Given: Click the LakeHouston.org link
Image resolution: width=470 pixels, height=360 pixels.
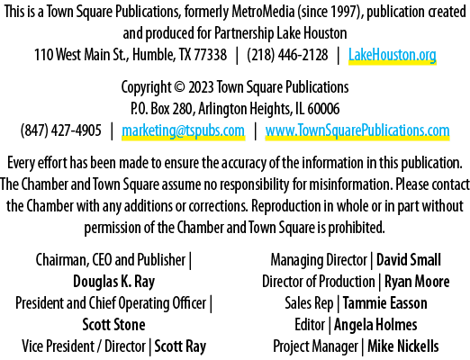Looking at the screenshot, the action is click(x=392, y=55).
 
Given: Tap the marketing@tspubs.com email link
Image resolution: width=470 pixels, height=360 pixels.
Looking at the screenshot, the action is click(x=183, y=130).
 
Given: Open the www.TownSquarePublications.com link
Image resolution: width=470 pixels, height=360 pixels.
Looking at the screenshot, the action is click(x=357, y=130).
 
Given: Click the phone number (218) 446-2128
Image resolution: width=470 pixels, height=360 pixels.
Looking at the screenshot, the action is click(x=287, y=55).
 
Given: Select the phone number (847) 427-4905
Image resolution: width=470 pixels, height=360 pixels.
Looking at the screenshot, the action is click(x=61, y=130).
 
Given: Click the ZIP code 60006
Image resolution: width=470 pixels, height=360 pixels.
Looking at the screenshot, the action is click(x=323, y=109).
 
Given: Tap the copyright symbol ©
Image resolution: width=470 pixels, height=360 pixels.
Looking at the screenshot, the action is click(x=180, y=87).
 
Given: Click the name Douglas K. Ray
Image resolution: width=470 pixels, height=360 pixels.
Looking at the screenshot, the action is click(x=114, y=282).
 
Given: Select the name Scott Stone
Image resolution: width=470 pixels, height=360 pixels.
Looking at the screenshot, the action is click(x=113, y=325).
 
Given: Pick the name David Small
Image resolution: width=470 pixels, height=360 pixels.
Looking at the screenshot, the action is click(x=409, y=260).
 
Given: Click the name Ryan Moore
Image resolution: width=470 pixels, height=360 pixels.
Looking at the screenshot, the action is click(x=417, y=282).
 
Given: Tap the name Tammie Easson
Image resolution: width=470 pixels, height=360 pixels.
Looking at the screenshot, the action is click(x=384, y=303).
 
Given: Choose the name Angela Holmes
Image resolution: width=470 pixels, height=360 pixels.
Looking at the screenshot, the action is click(x=375, y=325).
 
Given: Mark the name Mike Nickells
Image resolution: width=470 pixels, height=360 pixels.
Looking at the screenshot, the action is click(x=403, y=346).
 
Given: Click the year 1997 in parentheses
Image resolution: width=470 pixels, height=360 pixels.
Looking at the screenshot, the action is click(x=347, y=12).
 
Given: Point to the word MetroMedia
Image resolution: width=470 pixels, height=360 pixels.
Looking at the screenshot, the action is click(x=263, y=12).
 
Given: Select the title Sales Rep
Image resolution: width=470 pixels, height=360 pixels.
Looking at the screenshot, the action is click(x=309, y=303).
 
